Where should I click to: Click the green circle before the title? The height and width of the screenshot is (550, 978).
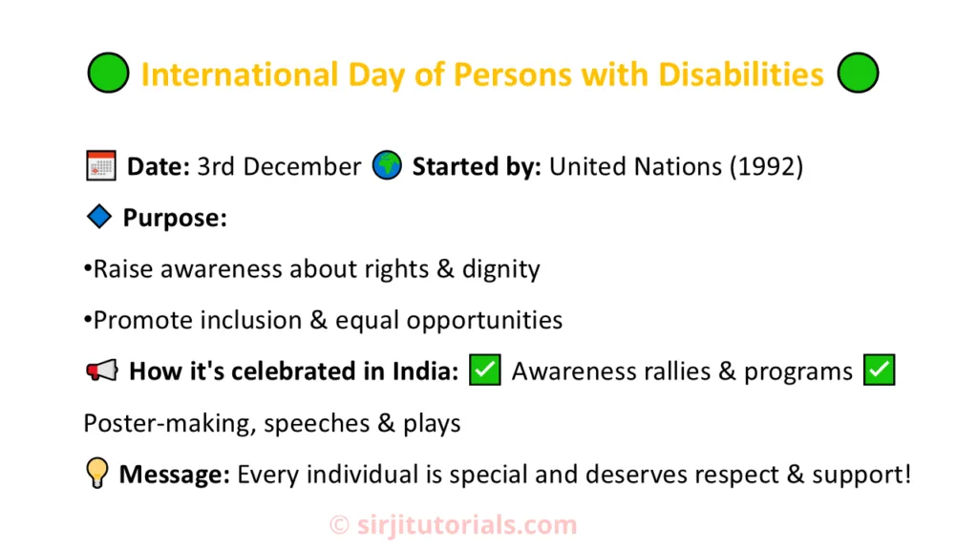pyautogui.click(x=109, y=73)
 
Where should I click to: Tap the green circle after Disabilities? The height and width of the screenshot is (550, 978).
pyautogui.click(x=859, y=73)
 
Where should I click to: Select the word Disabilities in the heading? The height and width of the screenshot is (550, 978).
pyautogui.click(x=741, y=74)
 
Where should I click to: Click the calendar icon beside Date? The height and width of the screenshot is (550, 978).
pyautogui.click(x=101, y=166)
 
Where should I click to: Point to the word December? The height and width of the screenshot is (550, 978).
pyautogui.click(x=302, y=166)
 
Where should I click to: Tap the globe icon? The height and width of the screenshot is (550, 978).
pyautogui.click(x=387, y=165)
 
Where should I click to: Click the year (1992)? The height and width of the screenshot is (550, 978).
pyautogui.click(x=767, y=167)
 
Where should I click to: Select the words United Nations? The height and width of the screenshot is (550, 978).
pyautogui.click(x=635, y=166)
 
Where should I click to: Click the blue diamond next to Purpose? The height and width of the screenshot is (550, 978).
pyautogui.click(x=99, y=217)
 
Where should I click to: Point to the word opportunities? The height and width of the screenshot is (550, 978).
pyautogui.click(x=484, y=321)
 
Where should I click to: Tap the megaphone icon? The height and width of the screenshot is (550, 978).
pyautogui.click(x=101, y=370)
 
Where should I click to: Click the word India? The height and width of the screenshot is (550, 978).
pyautogui.click(x=425, y=371)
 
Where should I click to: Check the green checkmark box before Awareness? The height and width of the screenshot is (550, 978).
pyautogui.click(x=485, y=370)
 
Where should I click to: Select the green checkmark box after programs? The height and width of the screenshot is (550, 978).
pyautogui.click(x=880, y=370)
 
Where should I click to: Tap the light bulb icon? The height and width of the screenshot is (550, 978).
pyautogui.click(x=97, y=473)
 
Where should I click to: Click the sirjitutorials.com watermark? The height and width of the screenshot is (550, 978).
pyautogui.click(x=454, y=525)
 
